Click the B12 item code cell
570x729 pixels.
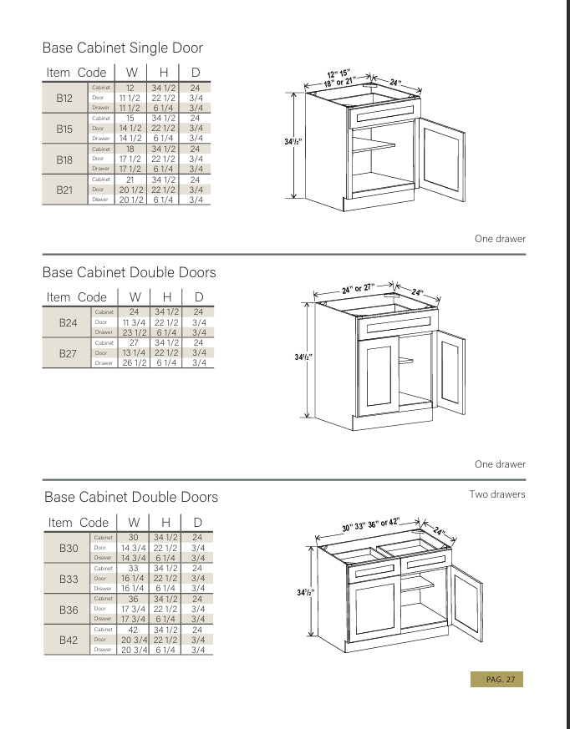coord(64,98)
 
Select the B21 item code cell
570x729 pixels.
coord(64,190)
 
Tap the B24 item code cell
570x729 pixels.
coord(68,322)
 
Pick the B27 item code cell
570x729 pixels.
coord(68,353)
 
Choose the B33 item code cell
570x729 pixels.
coord(69,578)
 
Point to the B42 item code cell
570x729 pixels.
coord(69,640)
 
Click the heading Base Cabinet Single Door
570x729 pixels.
coord(122,48)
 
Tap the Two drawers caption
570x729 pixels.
coord(497,494)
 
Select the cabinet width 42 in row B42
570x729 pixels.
coord(133,630)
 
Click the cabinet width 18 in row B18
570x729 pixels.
coord(130,149)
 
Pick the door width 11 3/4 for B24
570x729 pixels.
coord(134,322)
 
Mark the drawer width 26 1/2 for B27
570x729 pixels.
coord(134,363)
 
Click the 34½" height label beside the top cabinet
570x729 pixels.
coord(293,142)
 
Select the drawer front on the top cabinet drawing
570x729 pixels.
coord(385,115)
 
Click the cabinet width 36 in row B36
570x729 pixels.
coord(133,599)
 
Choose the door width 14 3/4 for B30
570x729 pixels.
coord(134,548)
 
